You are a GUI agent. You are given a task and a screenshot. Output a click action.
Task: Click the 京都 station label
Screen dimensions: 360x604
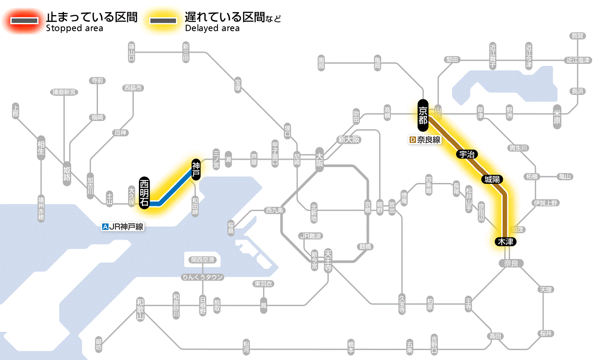[x=423, y=115]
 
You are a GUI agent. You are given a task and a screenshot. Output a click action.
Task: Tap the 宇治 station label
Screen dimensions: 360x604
[x=465, y=154]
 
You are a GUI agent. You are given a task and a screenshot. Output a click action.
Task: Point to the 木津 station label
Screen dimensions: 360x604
[x=506, y=242]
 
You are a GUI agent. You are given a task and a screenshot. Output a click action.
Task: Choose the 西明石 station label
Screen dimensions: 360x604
[x=145, y=193]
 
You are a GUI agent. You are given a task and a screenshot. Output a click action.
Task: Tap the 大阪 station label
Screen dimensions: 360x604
[x=319, y=160]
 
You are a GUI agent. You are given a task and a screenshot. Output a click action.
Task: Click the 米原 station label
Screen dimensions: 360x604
[x=557, y=117]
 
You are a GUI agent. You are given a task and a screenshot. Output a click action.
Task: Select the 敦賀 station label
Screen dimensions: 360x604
[x=577, y=36]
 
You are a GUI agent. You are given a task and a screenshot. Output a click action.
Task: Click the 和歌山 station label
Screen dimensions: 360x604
[x=140, y=309]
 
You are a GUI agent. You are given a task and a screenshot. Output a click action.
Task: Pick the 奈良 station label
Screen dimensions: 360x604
[x=510, y=263]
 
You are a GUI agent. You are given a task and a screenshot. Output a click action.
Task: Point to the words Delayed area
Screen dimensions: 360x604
[x=212, y=28]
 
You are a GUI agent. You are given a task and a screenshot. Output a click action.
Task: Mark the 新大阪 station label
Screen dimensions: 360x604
[x=349, y=140]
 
